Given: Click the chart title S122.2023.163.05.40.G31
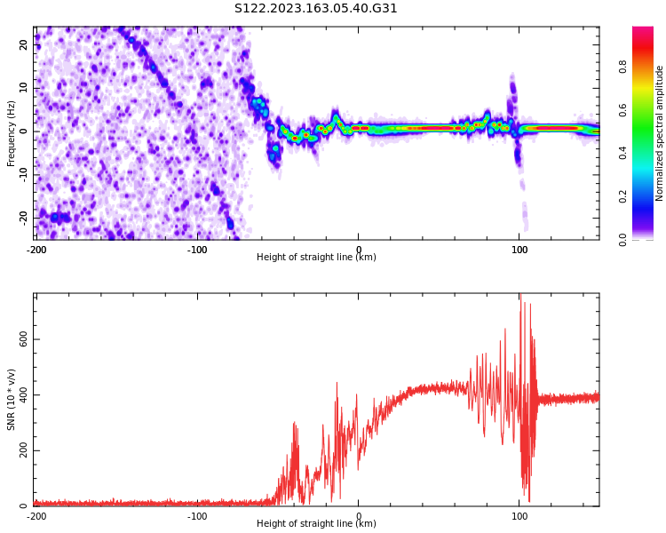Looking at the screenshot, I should pyautogui.click(x=316, y=9).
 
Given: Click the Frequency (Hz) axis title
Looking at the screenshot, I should pyautogui.click(x=12, y=132).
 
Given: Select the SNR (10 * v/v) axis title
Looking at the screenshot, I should pyautogui.click(x=12, y=400).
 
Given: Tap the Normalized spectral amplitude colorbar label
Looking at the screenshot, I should pyautogui.click(x=660, y=132).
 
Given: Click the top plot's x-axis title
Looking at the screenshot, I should pyautogui.click(x=316, y=258).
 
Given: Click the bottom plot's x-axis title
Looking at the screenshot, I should pyautogui.click(x=316, y=524).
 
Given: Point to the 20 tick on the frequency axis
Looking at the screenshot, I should pyautogui.click(x=24, y=44).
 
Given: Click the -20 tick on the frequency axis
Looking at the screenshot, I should pyautogui.click(x=24, y=217).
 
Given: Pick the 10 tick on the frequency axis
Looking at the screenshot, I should pyautogui.click(x=24, y=87).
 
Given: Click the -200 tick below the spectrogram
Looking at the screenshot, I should pyautogui.click(x=36, y=249).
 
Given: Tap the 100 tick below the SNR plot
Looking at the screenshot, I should pyautogui.click(x=519, y=515).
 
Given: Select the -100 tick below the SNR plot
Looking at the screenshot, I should pyautogui.click(x=197, y=515).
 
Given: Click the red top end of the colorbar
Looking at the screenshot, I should pyautogui.click(x=642, y=30).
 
